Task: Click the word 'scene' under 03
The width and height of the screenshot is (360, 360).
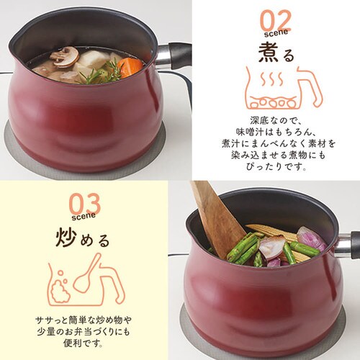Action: [x=84, y=214]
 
